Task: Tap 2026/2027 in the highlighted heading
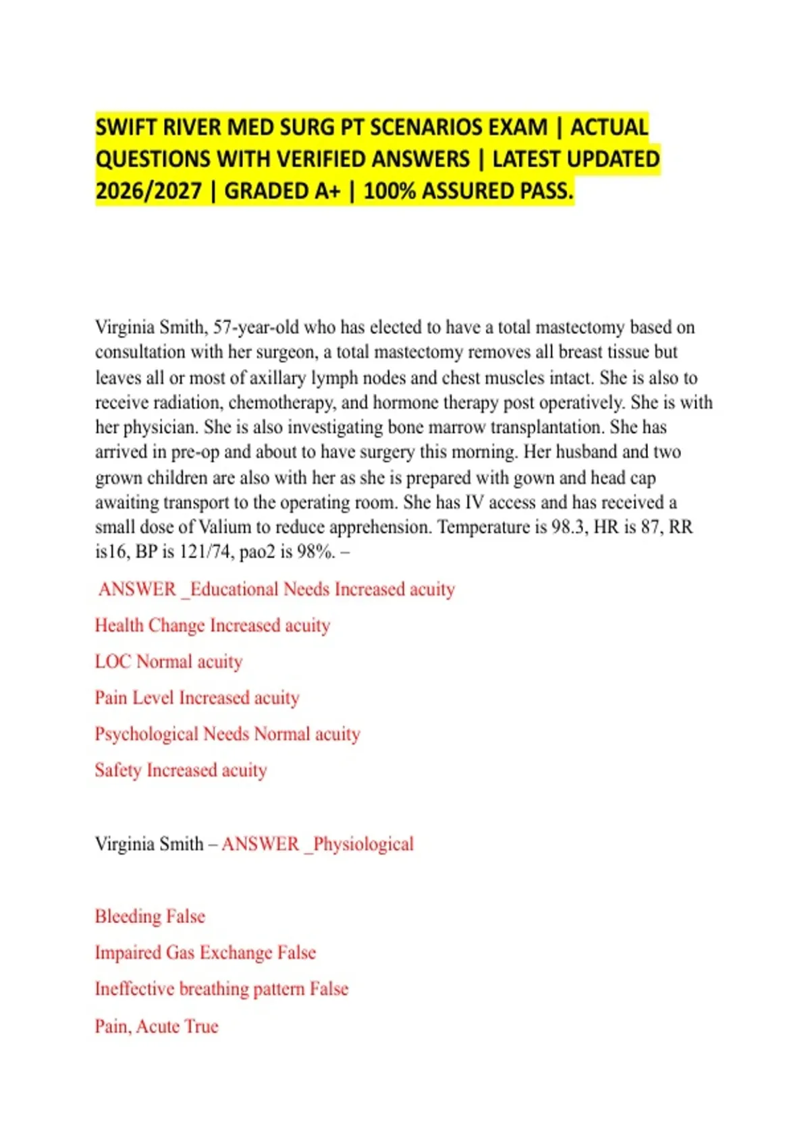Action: pos(148,192)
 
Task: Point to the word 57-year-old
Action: pos(256,327)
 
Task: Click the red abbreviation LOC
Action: pos(113,662)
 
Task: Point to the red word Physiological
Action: pos(363,844)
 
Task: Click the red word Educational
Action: pos(234,589)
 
